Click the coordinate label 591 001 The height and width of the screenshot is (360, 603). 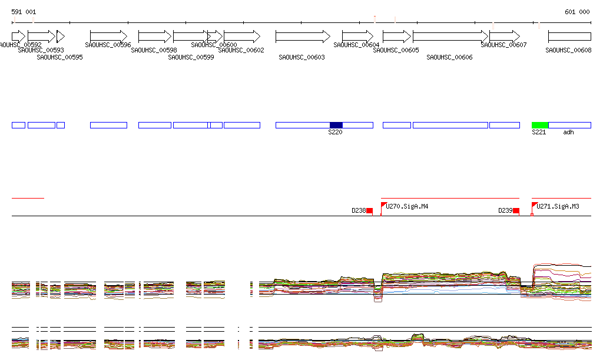(x=24, y=12)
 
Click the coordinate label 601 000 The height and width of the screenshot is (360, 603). (x=577, y=12)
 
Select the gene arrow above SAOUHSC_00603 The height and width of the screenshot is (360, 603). (x=303, y=36)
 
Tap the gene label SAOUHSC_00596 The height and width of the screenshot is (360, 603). (x=108, y=45)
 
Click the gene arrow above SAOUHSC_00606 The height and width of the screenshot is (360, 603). (x=450, y=36)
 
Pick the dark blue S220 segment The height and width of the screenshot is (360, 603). (x=336, y=125)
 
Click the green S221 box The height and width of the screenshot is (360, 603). (x=539, y=125)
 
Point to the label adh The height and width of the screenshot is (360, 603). (x=568, y=132)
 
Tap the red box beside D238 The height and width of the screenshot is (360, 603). (x=370, y=210)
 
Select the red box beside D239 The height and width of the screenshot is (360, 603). (x=516, y=210)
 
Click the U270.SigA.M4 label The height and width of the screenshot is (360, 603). (x=407, y=206)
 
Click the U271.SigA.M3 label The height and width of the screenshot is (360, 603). (x=558, y=206)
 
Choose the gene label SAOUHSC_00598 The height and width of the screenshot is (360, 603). (x=154, y=51)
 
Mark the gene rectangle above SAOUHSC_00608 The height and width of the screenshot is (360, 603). (x=569, y=36)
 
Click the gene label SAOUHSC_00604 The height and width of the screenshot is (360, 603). (x=356, y=45)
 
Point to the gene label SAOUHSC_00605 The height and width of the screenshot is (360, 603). (x=396, y=51)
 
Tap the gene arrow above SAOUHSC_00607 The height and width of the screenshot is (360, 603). (x=505, y=36)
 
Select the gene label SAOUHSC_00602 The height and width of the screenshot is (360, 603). (x=241, y=51)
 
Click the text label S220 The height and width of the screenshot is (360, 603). (x=335, y=132)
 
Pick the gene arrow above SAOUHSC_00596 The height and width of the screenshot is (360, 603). (x=108, y=36)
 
